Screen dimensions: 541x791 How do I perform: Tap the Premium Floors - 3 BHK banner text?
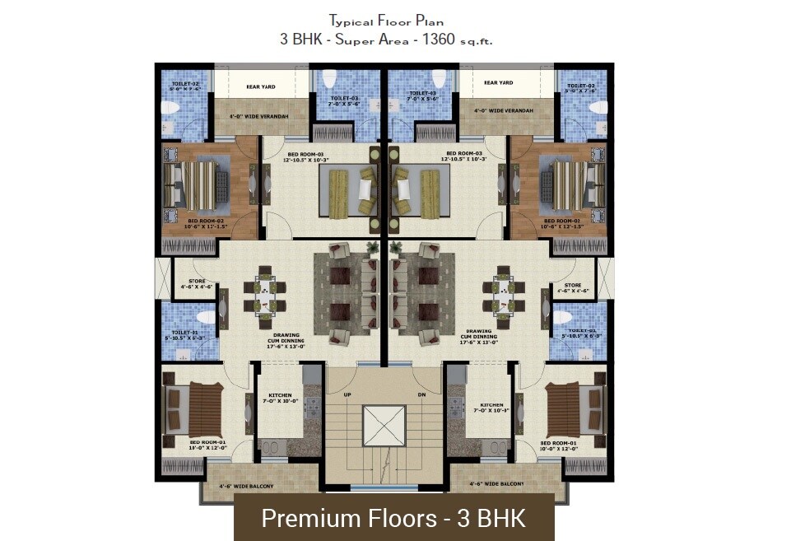point(393,519)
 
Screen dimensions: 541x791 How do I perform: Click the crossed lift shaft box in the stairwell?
point(384,425)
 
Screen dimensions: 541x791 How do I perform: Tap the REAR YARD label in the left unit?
point(261,84)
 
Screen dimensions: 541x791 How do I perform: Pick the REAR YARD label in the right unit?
point(498,83)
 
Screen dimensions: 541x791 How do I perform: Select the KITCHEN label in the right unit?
point(491,406)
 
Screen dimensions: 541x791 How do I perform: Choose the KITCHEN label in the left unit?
point(280,397)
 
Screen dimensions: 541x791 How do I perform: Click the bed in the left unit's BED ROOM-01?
point(194,409)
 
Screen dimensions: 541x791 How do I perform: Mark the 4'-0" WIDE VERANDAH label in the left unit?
point(258,117)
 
